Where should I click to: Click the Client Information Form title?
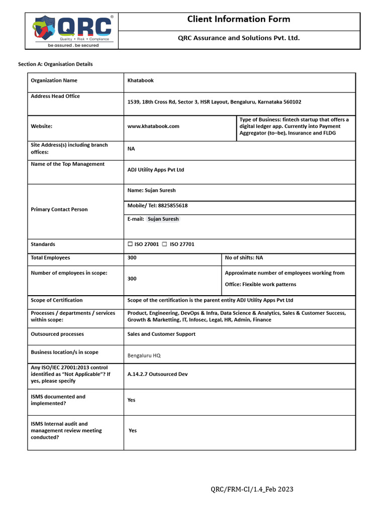click(x=239, y=20)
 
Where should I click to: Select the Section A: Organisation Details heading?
click(x=55, y=64)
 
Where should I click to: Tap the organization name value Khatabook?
click(x=141, y=81)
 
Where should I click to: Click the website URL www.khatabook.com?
click(x=153, y=126)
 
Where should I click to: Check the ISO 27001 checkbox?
click(x=130, y=244)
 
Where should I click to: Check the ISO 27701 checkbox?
click(x=164, y=244)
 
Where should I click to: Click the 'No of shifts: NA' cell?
click(x=244, y=258)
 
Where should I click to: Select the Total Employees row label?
click(x=50, y=258)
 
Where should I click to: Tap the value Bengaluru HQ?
click(x=144, y=355)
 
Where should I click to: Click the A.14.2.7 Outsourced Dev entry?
click(x=157, y=374)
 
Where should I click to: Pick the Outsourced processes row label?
click(x=57, y=334)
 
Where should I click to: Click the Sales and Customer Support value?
click(x=161, y=334)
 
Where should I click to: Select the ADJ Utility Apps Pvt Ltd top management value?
click(x=156, y=170)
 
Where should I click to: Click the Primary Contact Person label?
click(x=59, y=210)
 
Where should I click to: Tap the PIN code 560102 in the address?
click(x=292, y=102)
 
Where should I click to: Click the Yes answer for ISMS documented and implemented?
click(x=132, y=401)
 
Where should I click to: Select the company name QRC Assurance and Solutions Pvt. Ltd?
click(x=239, y=38)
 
